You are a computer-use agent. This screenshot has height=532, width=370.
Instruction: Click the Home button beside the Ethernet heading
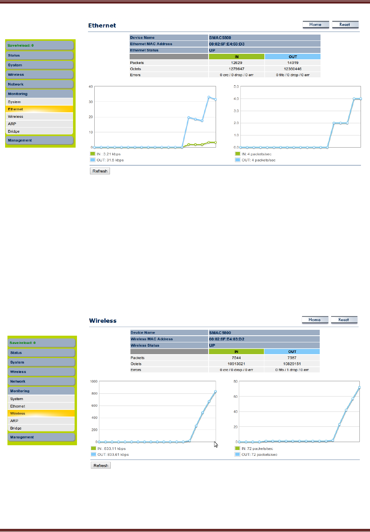[x=315, y=25]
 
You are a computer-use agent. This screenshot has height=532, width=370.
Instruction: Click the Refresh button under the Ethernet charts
[x=100, y=171]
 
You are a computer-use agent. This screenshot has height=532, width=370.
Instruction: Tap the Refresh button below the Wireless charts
[x=101, y=466]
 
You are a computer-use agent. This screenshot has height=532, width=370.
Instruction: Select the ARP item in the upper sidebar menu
[x=12, y=124]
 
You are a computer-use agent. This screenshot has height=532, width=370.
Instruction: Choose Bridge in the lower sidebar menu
[x=16, y=428]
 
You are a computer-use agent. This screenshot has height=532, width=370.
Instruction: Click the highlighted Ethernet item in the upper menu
[x=16, y=109]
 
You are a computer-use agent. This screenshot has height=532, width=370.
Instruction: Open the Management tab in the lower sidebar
[x=22, y=437]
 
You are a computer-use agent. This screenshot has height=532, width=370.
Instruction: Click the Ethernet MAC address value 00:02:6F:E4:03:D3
[x=227, y=44]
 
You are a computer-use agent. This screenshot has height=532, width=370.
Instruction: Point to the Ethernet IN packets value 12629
[x=236, y=63]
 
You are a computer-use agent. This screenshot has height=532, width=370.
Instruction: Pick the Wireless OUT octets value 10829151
[x=292, y=364]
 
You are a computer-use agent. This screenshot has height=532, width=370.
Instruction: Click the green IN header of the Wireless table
[x=236, y=352]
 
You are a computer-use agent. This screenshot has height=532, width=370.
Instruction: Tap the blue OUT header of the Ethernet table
[x=293, y=57]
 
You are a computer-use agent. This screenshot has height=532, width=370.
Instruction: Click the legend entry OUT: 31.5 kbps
[x=110, y=160]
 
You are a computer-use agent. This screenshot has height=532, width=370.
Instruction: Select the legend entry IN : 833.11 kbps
[x=112, y=448]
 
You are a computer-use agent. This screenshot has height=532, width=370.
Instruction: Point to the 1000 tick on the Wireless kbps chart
[x=93, y=382]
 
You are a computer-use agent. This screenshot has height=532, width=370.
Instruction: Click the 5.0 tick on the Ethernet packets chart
[x=236, y=87]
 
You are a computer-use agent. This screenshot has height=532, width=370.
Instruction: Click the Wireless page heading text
[x=103, y=321]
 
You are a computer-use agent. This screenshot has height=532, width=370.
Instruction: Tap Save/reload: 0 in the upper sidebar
[x=21, y=46]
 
